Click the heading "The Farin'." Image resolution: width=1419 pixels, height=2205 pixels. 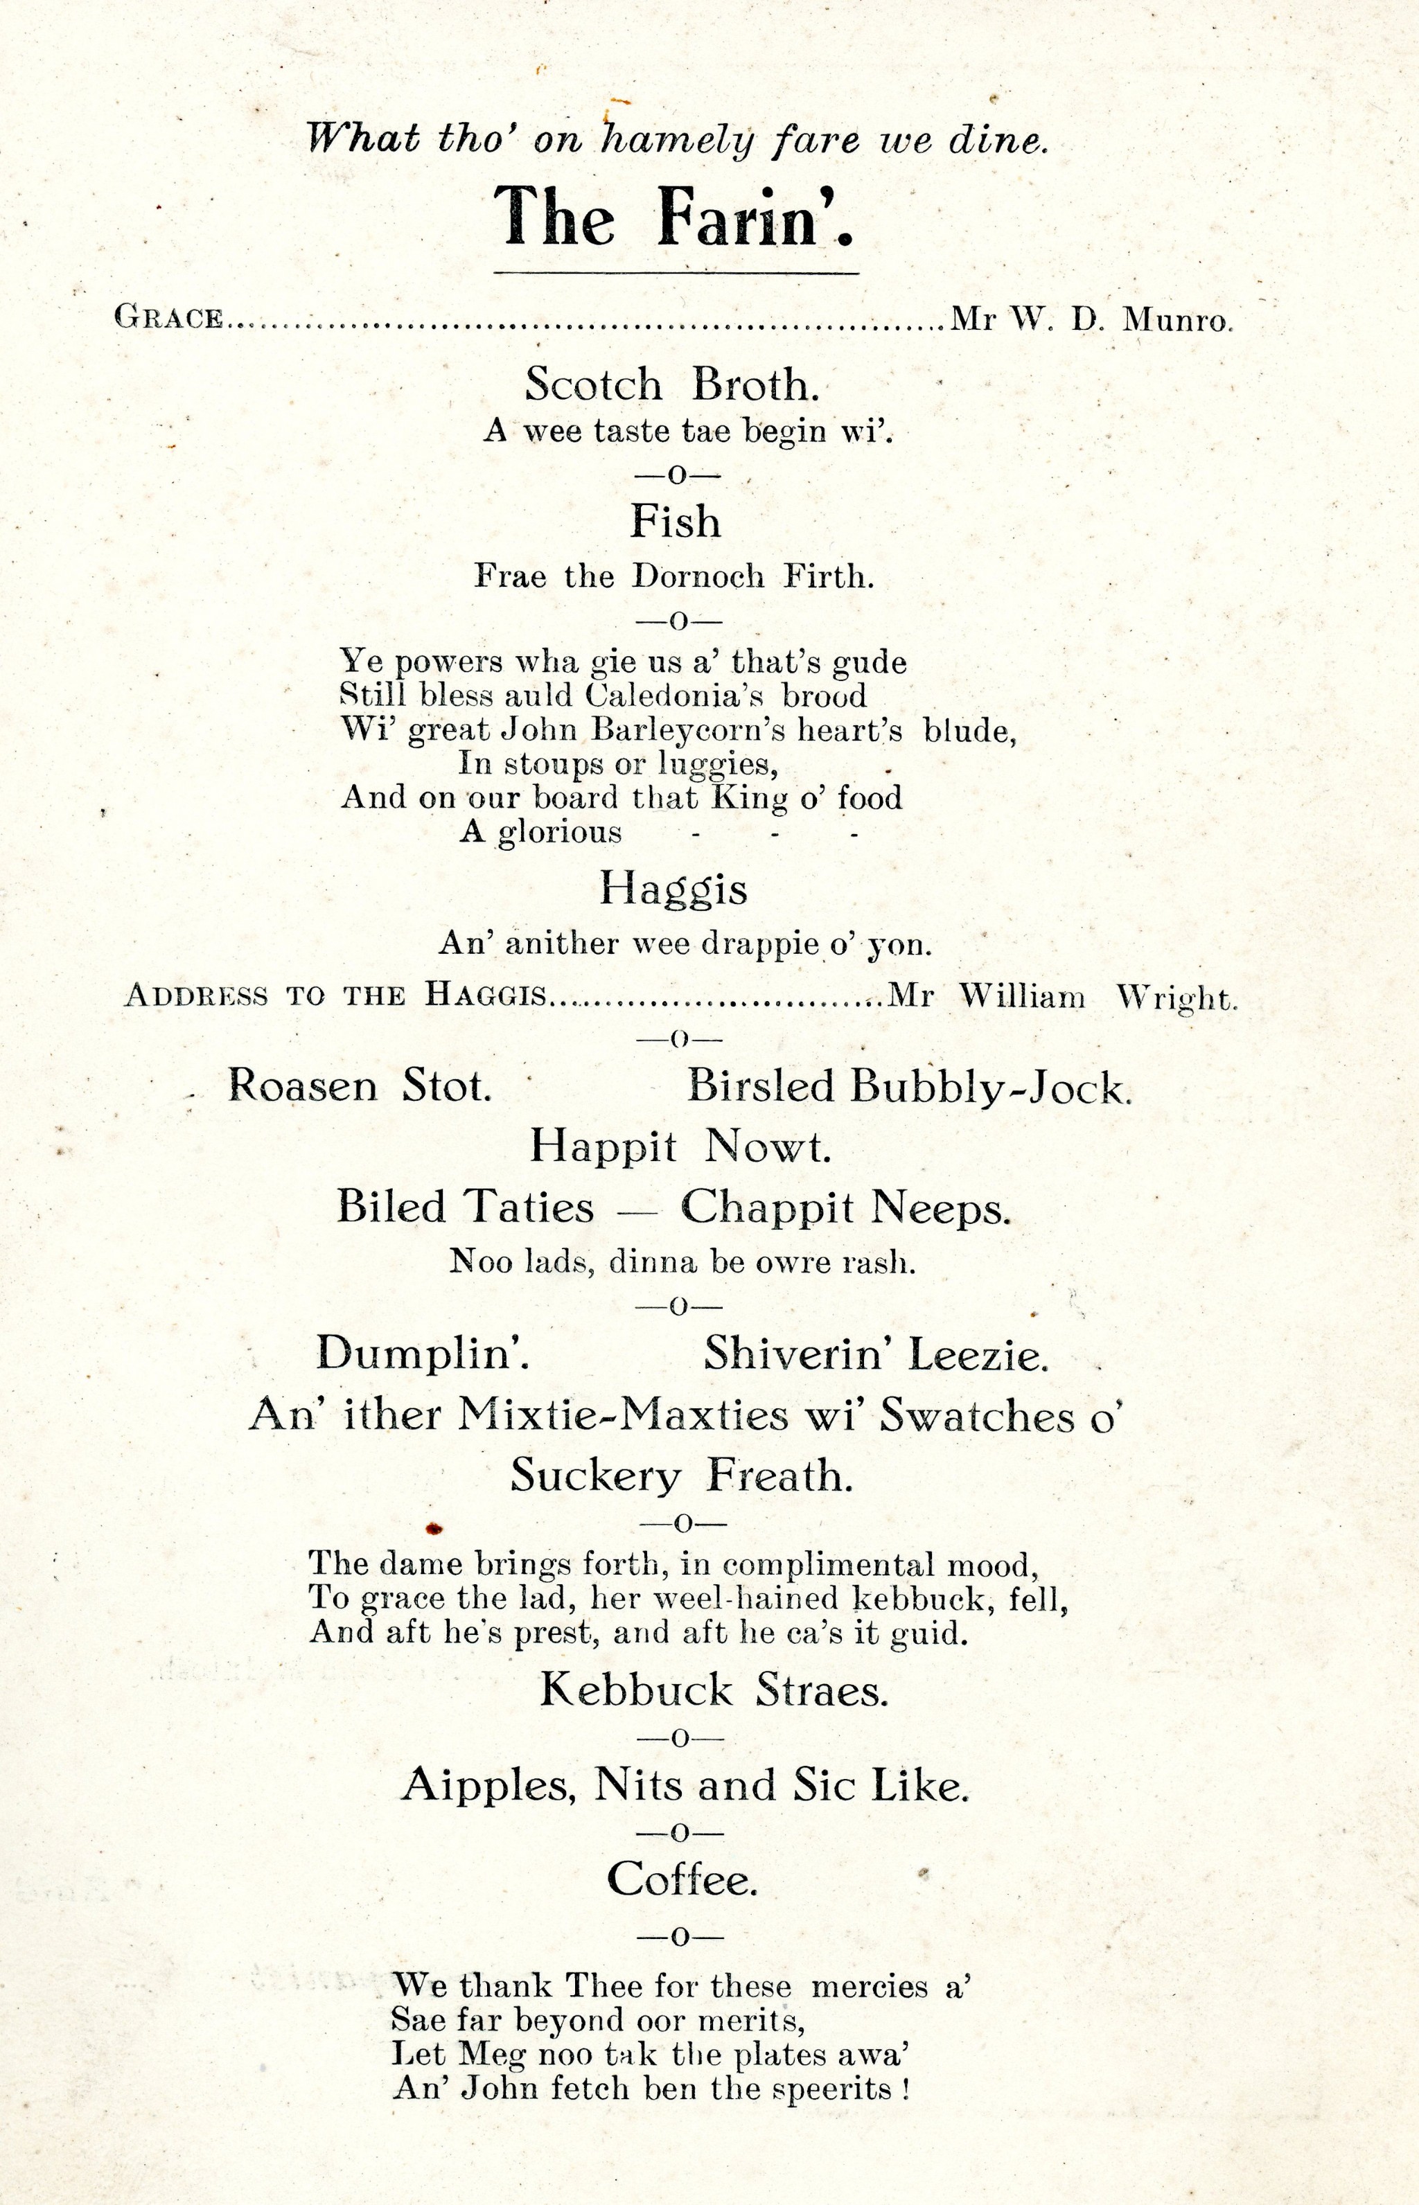click(673, 218)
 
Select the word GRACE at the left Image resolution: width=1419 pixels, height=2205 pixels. click(168, 318)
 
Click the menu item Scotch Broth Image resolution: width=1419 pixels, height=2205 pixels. click(671, 384)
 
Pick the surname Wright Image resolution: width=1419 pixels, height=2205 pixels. click(1176, 998)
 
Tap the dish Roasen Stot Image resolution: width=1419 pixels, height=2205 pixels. click(360, 1087)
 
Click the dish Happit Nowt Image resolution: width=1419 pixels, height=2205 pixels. click(680, 1146)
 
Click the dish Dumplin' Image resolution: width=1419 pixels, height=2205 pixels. click(422, 1354)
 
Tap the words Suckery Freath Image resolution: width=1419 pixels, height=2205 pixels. click(682, 1476)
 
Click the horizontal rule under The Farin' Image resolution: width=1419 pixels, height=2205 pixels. click(676, 274)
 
